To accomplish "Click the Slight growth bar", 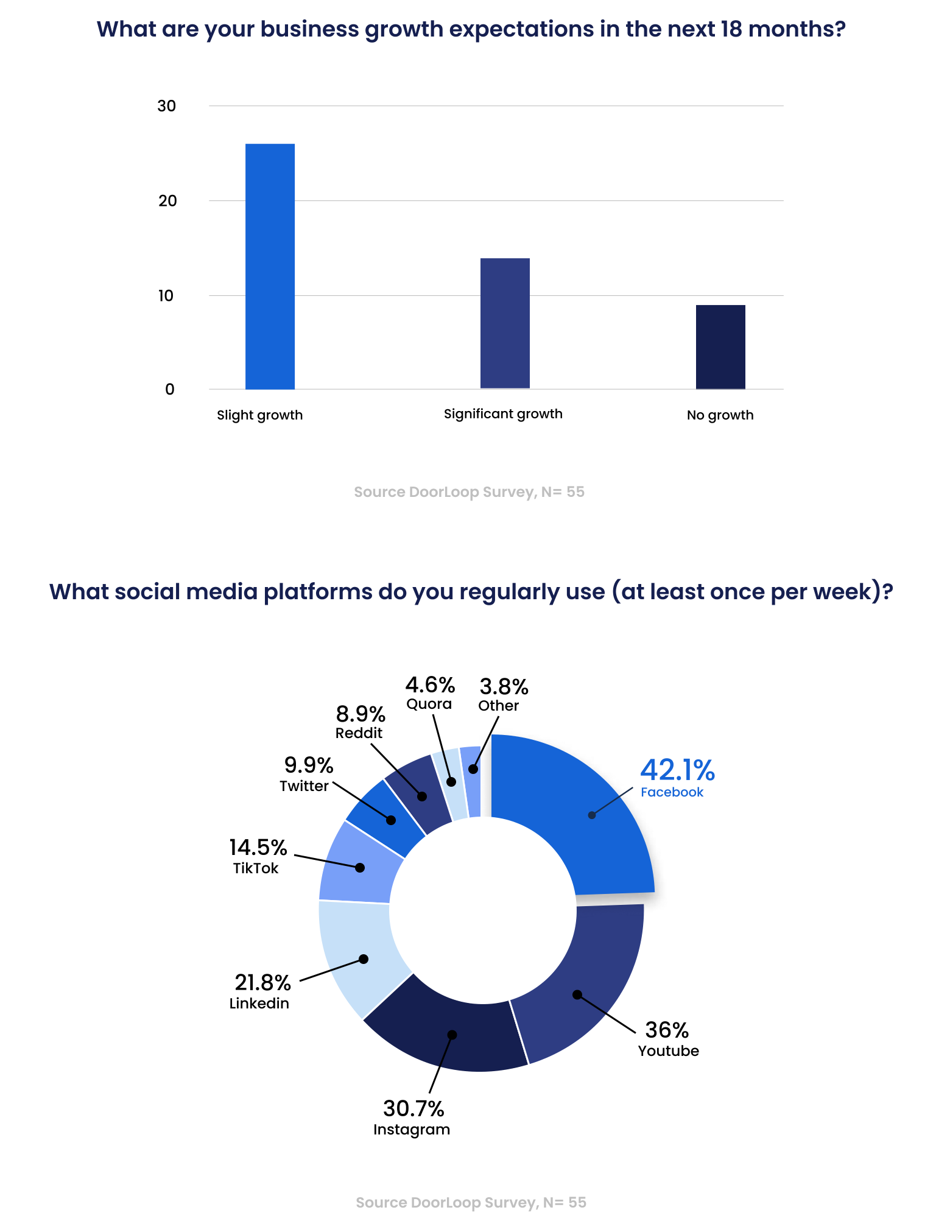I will pos(270,266).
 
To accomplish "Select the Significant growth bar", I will pos(505,323).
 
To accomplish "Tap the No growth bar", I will pos(720,346).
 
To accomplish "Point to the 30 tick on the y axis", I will pos(166,106).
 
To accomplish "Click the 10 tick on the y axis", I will pos(166,296).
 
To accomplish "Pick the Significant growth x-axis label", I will pos(503,414).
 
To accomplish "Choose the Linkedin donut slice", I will pos(359,956).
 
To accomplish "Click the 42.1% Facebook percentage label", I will pos(677,770).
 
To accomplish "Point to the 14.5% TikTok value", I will pos(258,847).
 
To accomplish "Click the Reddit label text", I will pos(359,733).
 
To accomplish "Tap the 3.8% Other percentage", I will pos(504,687).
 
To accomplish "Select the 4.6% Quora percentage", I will pos(430,685).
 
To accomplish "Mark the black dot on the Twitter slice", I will pos(391,820).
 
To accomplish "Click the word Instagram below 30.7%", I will pos(412,1130).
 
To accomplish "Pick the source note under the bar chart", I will pos(469,492).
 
